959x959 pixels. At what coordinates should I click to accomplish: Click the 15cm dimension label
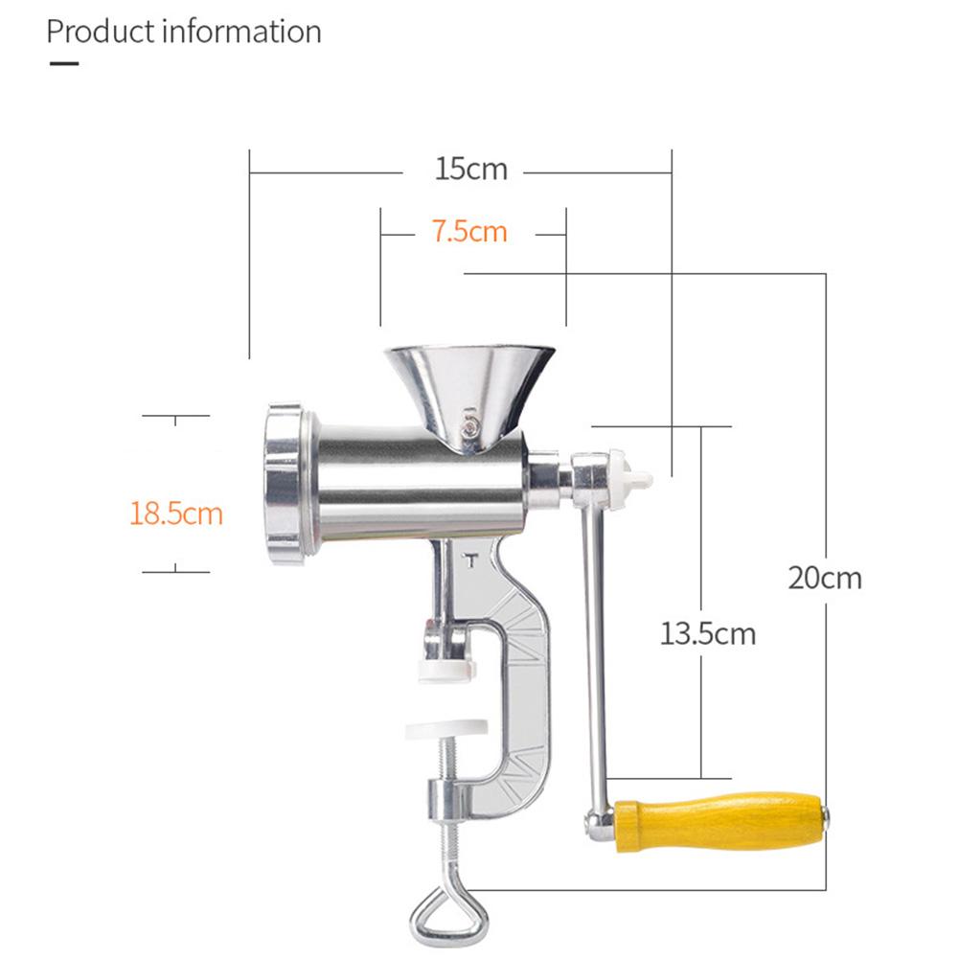pos(471,169)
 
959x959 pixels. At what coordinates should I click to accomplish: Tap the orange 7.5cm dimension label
pos(469,231)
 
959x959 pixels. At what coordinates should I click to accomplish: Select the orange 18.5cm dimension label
pos(176,514)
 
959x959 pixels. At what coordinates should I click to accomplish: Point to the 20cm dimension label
pos(825,578)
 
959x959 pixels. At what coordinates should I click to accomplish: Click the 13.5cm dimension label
pos(708,633)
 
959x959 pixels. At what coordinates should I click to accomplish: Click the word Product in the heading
pos(101,32)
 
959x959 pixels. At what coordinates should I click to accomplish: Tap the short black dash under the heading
pos(64,63)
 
